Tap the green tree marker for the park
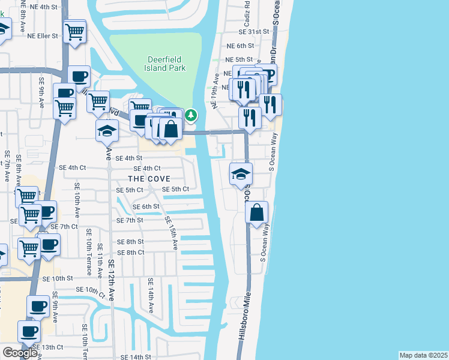[191, 115]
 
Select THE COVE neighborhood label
[149, 179]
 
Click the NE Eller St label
[43, 35]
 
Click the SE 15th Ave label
[172, 233]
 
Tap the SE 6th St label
[147, 206]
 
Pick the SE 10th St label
[57, 278]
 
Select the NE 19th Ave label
[214, 91]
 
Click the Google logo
[19, 353]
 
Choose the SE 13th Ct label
[48, 347]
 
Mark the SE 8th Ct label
[130, 253]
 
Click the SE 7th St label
[130, 220]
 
